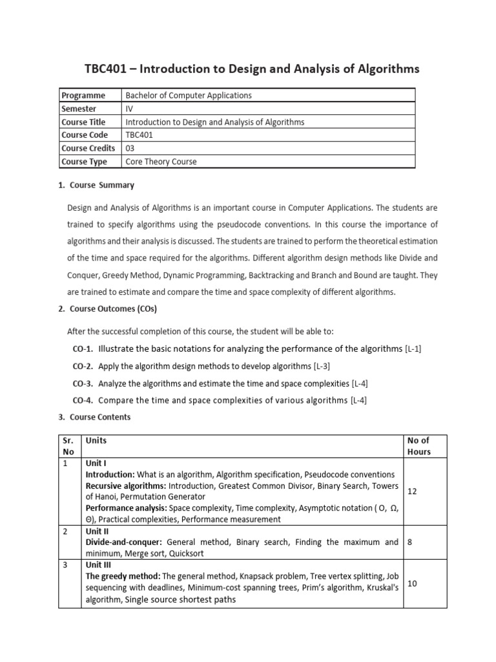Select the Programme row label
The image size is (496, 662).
click(83, 96)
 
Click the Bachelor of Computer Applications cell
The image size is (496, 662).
click(188, 96)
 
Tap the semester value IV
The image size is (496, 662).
click(129, 109)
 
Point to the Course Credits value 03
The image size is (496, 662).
click(130, 148)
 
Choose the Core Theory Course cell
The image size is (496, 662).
click(161, 162)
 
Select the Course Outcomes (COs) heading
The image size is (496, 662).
click(112, 309)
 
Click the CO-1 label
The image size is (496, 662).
click(83, 349)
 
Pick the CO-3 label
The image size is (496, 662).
click(83, 383)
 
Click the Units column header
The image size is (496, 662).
click(96, 440)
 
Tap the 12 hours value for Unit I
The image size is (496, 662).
click(413, 491)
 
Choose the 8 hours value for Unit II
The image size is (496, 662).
click(411, 542)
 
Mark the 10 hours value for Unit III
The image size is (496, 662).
click(413, 583)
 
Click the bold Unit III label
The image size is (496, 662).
click(98, 565)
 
